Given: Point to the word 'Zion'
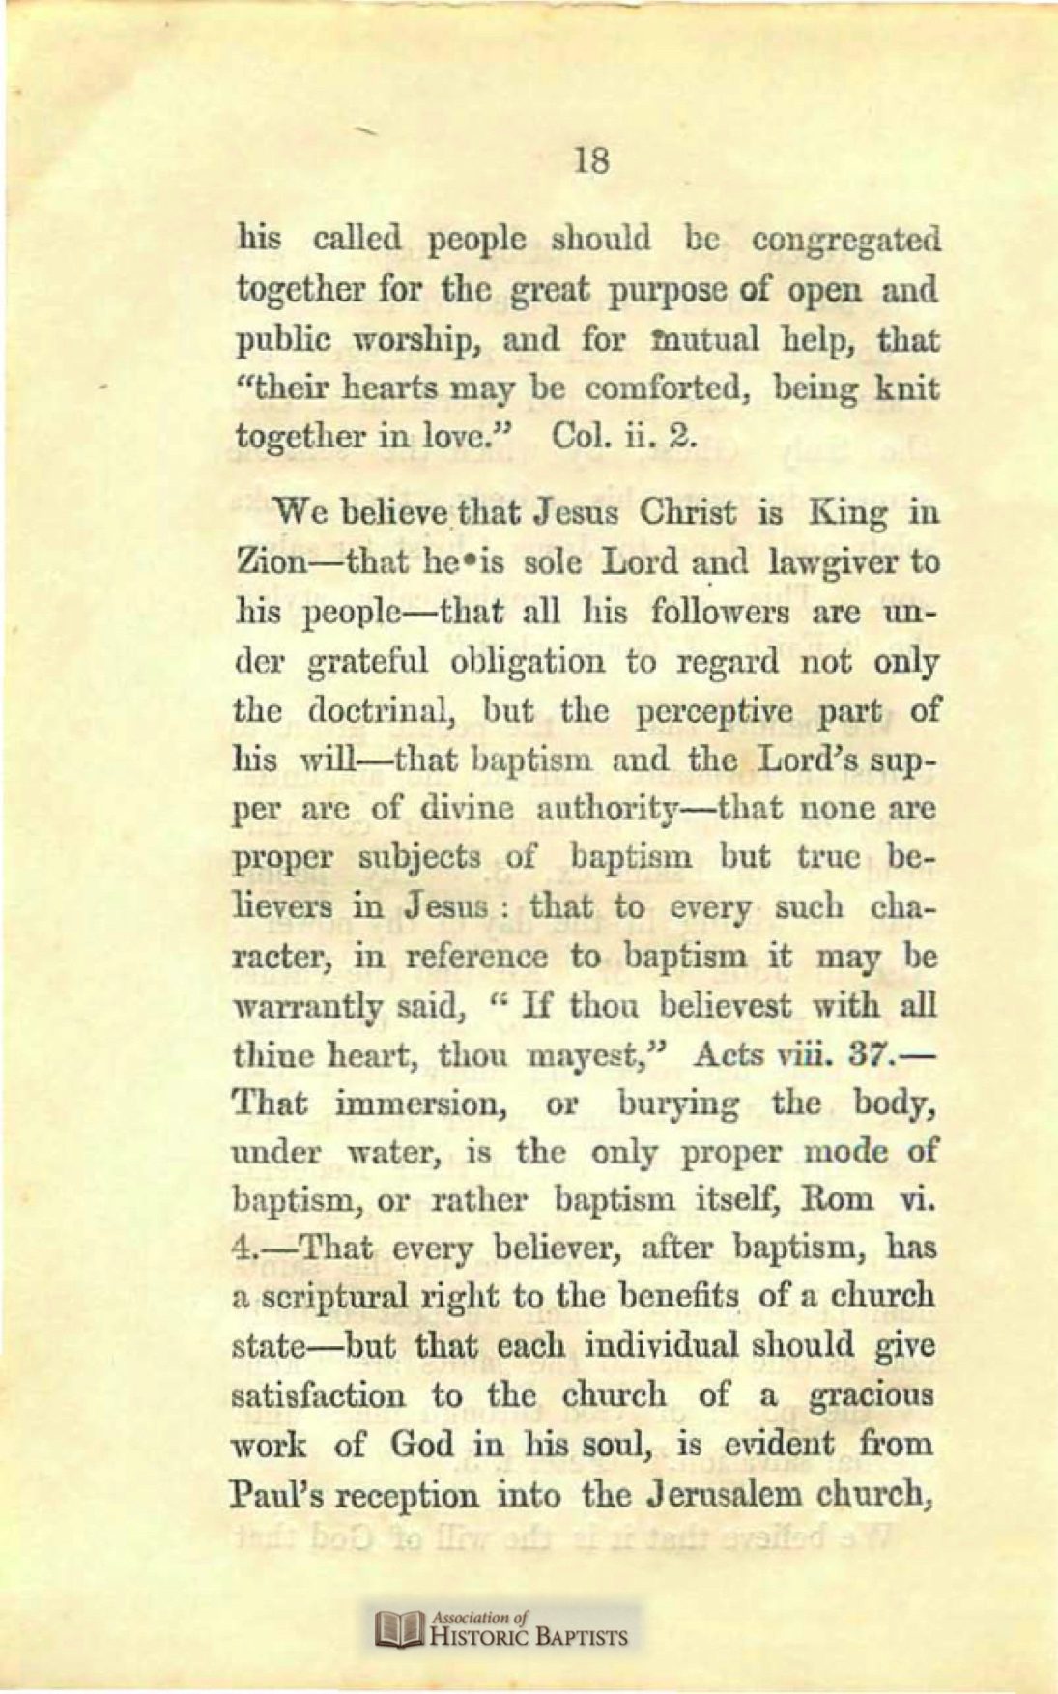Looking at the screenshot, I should click(x=272, y=562).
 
